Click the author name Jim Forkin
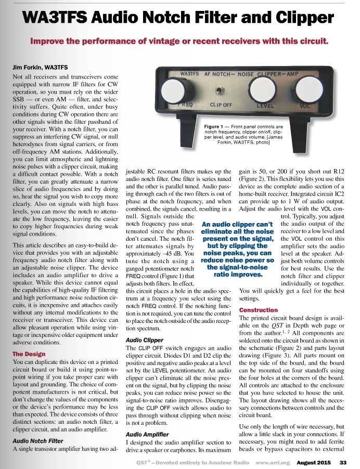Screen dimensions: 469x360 tap(36, 68)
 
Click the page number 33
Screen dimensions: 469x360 tap(343, 462)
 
